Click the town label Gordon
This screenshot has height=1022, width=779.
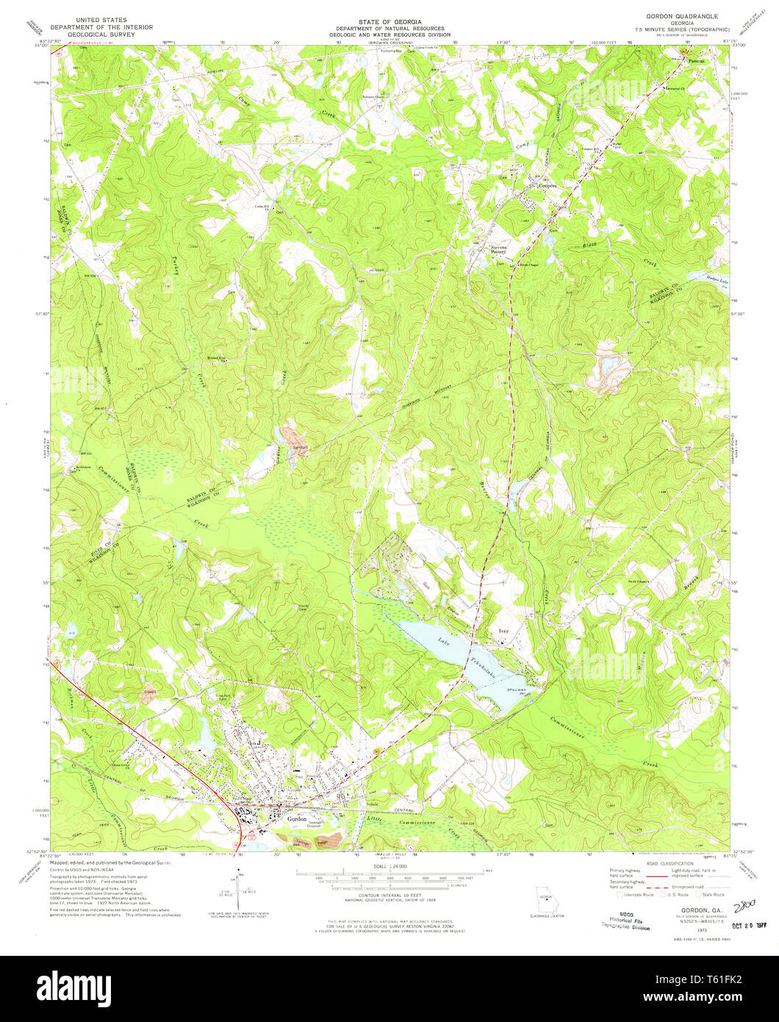tap(297, 818)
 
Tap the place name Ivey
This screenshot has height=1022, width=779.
tap(503, 631)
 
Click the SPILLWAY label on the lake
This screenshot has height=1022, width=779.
tap(519, 689)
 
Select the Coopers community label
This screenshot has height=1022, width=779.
tap(550, 186)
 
